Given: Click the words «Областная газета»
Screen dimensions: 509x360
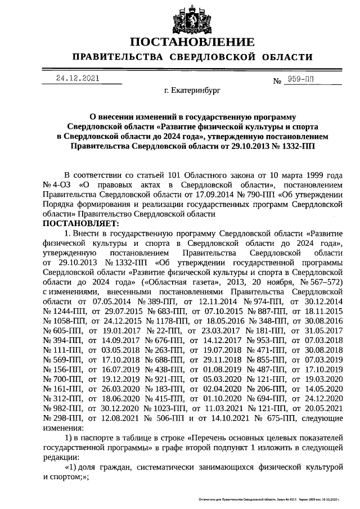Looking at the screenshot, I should tap(177, 282).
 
